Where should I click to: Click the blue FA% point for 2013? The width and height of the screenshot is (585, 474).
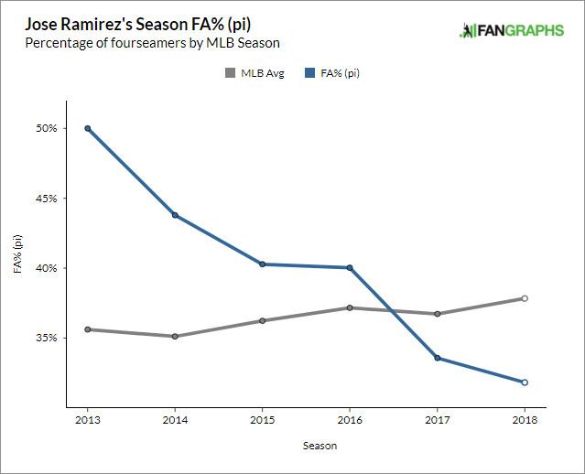coord(87,128)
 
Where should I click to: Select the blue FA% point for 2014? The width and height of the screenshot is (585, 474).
coord(175,215)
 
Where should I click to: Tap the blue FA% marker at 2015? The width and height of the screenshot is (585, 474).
coord(262,264)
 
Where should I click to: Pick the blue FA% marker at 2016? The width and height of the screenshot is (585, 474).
coord(350,267)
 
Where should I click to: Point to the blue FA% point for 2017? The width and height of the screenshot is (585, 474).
coord(437,358)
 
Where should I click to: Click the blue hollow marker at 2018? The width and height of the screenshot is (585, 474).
coord(525,382)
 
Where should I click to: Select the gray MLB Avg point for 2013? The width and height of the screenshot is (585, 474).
coord(87,329)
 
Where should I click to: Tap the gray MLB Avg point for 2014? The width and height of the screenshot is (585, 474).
coord(175,336)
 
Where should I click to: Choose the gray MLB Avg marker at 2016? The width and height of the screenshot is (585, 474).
coord(350,307)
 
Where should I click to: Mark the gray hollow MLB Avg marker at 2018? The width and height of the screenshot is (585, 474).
coord(525,298)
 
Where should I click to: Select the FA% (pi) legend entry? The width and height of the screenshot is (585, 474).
coord(331,73)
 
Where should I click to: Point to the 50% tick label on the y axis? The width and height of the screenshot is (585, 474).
coord(47,128)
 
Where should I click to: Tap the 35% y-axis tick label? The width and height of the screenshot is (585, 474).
coord(47,338)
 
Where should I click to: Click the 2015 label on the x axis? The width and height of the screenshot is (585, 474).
coord(262,419)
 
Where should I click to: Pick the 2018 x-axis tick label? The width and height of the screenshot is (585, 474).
coord(525,419)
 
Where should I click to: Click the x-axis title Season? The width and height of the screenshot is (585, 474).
coord(320,446)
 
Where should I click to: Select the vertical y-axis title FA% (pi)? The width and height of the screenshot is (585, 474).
coord(17,254)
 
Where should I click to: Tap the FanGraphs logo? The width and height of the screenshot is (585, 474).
coord(512,32)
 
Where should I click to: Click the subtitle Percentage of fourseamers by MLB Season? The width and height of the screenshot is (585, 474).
coord(152,43)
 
